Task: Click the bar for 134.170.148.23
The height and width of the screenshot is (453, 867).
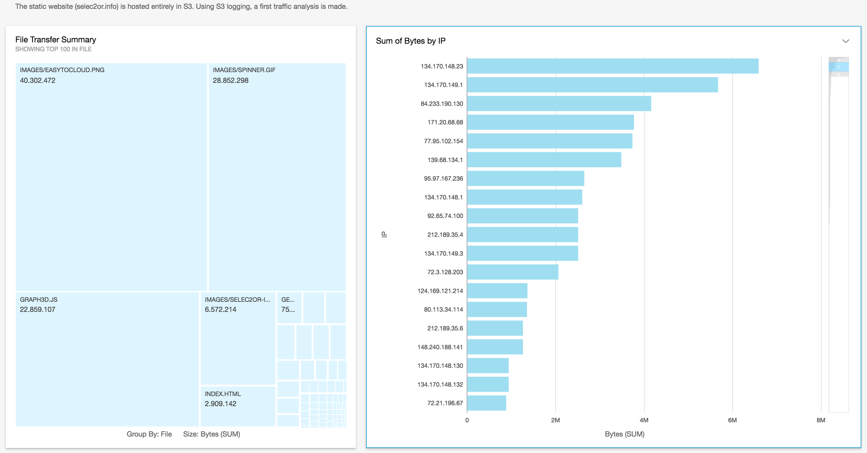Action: click(612, 66)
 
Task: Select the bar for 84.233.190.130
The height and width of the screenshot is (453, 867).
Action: click(559, 103)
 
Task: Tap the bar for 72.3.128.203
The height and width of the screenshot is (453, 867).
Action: click(512, 272)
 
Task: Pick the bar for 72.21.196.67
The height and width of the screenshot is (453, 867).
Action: click(486, 403)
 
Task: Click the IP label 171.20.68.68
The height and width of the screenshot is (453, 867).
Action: click(445, 122)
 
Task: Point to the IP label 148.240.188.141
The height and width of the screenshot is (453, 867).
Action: click(440, 347)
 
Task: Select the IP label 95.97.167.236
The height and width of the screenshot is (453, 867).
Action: click(443, 179)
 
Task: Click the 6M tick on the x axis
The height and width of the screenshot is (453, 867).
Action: click(732, 420)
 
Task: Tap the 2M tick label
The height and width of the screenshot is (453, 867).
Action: click(555, 420)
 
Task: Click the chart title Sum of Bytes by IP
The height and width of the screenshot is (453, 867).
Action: click(411, 41)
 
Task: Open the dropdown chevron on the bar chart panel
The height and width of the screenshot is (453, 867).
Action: click(845, 41)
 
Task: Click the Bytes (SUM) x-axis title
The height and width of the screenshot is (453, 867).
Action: click(624, 434)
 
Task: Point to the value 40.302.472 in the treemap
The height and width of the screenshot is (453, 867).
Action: click(38, 81)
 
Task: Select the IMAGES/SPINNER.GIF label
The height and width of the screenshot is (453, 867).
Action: click(244, 70)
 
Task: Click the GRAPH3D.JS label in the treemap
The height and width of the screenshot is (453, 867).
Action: click(39, 300)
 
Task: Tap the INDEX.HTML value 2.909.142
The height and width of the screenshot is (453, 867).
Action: click(220, 404)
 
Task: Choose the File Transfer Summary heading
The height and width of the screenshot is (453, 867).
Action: click(55, 40)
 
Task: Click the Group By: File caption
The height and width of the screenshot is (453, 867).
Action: click(149, 434)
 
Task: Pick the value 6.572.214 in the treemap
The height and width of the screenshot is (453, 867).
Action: click(220, 310)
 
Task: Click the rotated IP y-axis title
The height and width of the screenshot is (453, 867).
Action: click(384, 234)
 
